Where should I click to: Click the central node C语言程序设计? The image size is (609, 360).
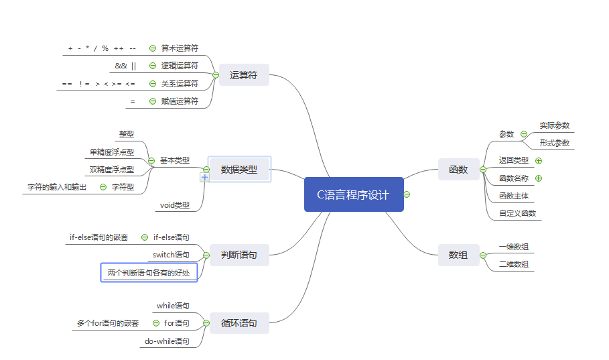(353, 194)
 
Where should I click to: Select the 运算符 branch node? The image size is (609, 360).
(243, 75)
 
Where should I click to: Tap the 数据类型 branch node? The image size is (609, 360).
(239, 170)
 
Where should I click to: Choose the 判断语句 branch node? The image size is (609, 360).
(239, 254)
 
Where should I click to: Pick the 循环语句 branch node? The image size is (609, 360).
(239, 323)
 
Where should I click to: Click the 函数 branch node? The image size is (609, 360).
(458, 170)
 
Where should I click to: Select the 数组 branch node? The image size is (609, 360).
(458, 255)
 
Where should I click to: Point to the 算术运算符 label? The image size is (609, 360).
(180, 48)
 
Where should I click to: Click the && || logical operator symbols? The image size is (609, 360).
(126, 66)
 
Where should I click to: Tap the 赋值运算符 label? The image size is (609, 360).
(180, 101)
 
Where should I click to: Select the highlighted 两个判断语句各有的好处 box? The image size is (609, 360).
(149, 273)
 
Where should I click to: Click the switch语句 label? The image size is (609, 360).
(171, 255)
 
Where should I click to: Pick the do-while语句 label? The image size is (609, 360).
(167, 341)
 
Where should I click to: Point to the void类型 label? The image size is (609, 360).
(175, 205)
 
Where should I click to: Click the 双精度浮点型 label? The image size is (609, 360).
(111, 170)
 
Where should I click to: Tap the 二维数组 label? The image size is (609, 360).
(514, 264)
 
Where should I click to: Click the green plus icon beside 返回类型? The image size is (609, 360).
(539, 161)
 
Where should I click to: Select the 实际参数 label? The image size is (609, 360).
(554, 125)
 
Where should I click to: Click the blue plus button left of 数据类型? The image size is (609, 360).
(205, 178)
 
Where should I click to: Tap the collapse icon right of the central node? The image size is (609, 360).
(407, 194)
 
